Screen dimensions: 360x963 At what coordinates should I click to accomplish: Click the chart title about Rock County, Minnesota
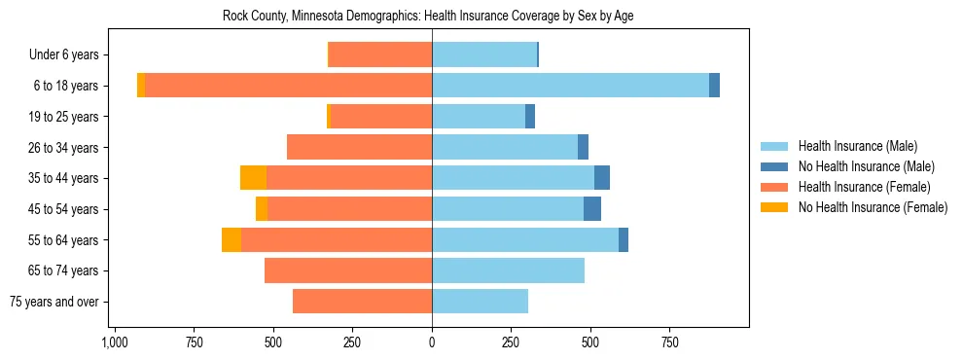click(429, 17)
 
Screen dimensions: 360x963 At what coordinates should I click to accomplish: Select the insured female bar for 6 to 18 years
click(289, 86)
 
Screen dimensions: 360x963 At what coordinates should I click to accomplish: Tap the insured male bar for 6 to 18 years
click(570, 86)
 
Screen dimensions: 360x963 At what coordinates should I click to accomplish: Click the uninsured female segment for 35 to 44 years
click(253, 178)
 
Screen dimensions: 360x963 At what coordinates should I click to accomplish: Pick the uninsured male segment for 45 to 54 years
click(592, 209)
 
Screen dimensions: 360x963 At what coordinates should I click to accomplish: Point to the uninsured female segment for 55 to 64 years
click(232, 240)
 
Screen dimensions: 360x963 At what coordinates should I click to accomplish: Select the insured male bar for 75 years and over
click(480, 302)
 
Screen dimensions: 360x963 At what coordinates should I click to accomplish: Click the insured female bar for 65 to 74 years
click(348, 270)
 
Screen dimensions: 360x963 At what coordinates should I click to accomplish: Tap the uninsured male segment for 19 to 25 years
click(530, 117)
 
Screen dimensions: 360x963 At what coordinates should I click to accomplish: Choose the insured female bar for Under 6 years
click(380, 54)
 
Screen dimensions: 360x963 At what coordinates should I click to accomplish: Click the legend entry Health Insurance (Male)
click(857, 146)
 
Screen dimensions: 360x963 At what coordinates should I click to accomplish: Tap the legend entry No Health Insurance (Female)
click(873, 207)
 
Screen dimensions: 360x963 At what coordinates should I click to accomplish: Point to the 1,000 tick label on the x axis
click(115, 343)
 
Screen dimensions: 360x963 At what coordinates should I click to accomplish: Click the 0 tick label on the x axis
click(432, 343)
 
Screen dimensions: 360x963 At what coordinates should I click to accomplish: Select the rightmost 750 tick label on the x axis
click(669, 343)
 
